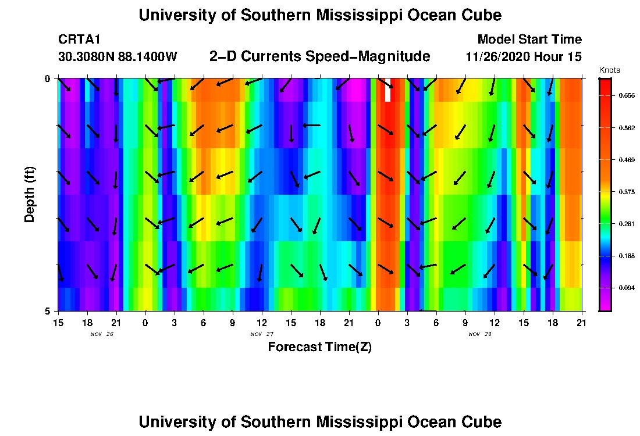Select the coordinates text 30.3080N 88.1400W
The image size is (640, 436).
tap(118, 57)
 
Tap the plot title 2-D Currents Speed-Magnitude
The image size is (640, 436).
tap(319, 56)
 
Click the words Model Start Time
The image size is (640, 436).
tap(529, 40)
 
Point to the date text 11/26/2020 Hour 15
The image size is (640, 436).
tap(524, 57)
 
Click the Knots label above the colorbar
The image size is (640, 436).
tap(610, 70)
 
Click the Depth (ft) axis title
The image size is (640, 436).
tap(30, 195)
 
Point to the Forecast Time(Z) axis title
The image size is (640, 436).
tap(319, 347)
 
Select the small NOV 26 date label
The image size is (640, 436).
tap(102, 334)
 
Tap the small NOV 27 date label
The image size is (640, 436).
tap(262, 334)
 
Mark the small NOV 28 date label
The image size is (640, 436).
tap(480, 334)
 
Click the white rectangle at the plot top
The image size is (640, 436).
tap(387, 90)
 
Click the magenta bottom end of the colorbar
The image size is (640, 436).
tap(605, 305)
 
